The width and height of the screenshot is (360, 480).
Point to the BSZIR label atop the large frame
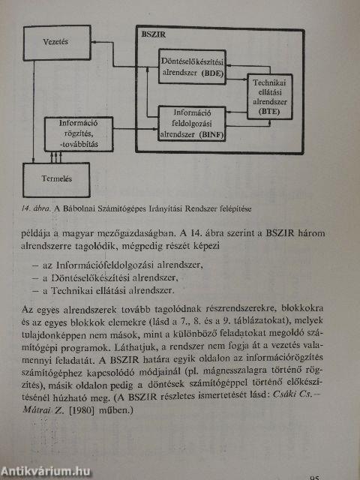pos(154,34)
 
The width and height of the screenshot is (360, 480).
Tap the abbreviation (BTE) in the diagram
pos(271,110)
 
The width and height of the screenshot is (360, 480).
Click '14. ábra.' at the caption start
pos(40,207)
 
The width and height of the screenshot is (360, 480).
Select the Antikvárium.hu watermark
pos(48,469)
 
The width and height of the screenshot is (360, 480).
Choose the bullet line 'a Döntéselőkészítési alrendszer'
pos(112,277)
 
